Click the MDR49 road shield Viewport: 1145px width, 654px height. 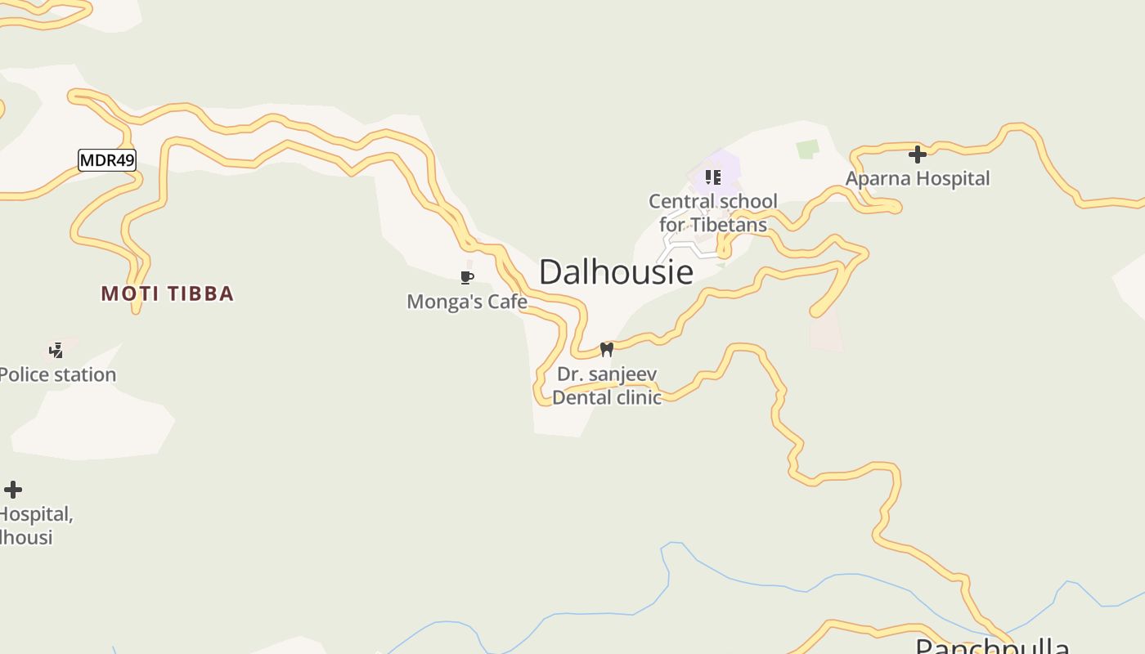(x=106, y=160)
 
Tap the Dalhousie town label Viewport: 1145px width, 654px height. (x=616, y=272)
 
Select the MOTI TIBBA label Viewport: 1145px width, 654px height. (x=168, y=293)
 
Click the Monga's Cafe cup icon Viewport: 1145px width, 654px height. (x=467, y=278)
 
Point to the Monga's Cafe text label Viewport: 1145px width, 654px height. (x=467, y=302)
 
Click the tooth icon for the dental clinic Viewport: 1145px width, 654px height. (x=607, y=349)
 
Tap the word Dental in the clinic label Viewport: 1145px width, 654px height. (x=581, y=397)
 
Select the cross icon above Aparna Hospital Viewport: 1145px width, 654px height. (x=918, y=154)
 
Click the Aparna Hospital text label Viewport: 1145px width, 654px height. (x=918, y=178)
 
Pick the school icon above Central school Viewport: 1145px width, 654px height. (x=713, y=177)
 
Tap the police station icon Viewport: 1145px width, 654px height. (x=56, y=351)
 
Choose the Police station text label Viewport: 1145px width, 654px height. (x=57, y=374)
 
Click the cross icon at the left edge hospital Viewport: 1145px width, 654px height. (x=13, y=490)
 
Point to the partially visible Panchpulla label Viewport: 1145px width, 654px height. (x=992, y=646)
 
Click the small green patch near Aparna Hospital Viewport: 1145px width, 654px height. (x=807, y=149)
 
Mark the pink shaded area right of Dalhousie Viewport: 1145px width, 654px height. (x=826, y=331)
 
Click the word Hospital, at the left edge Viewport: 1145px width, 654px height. (x=36, y=514)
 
